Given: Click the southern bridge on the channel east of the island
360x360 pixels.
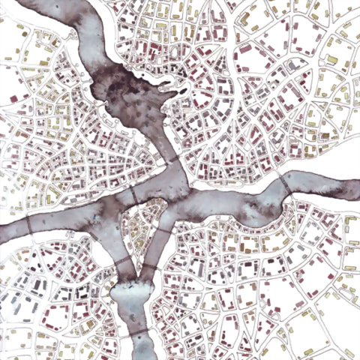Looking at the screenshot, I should tap(150, 267).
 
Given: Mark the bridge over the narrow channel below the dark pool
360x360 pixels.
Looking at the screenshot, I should tap(172, 160).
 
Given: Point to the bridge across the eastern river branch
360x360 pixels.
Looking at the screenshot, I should tap(286, 182).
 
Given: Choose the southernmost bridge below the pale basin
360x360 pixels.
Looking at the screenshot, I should tap(138, 330).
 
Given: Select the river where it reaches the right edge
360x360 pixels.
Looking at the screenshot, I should tap(355, 192).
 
